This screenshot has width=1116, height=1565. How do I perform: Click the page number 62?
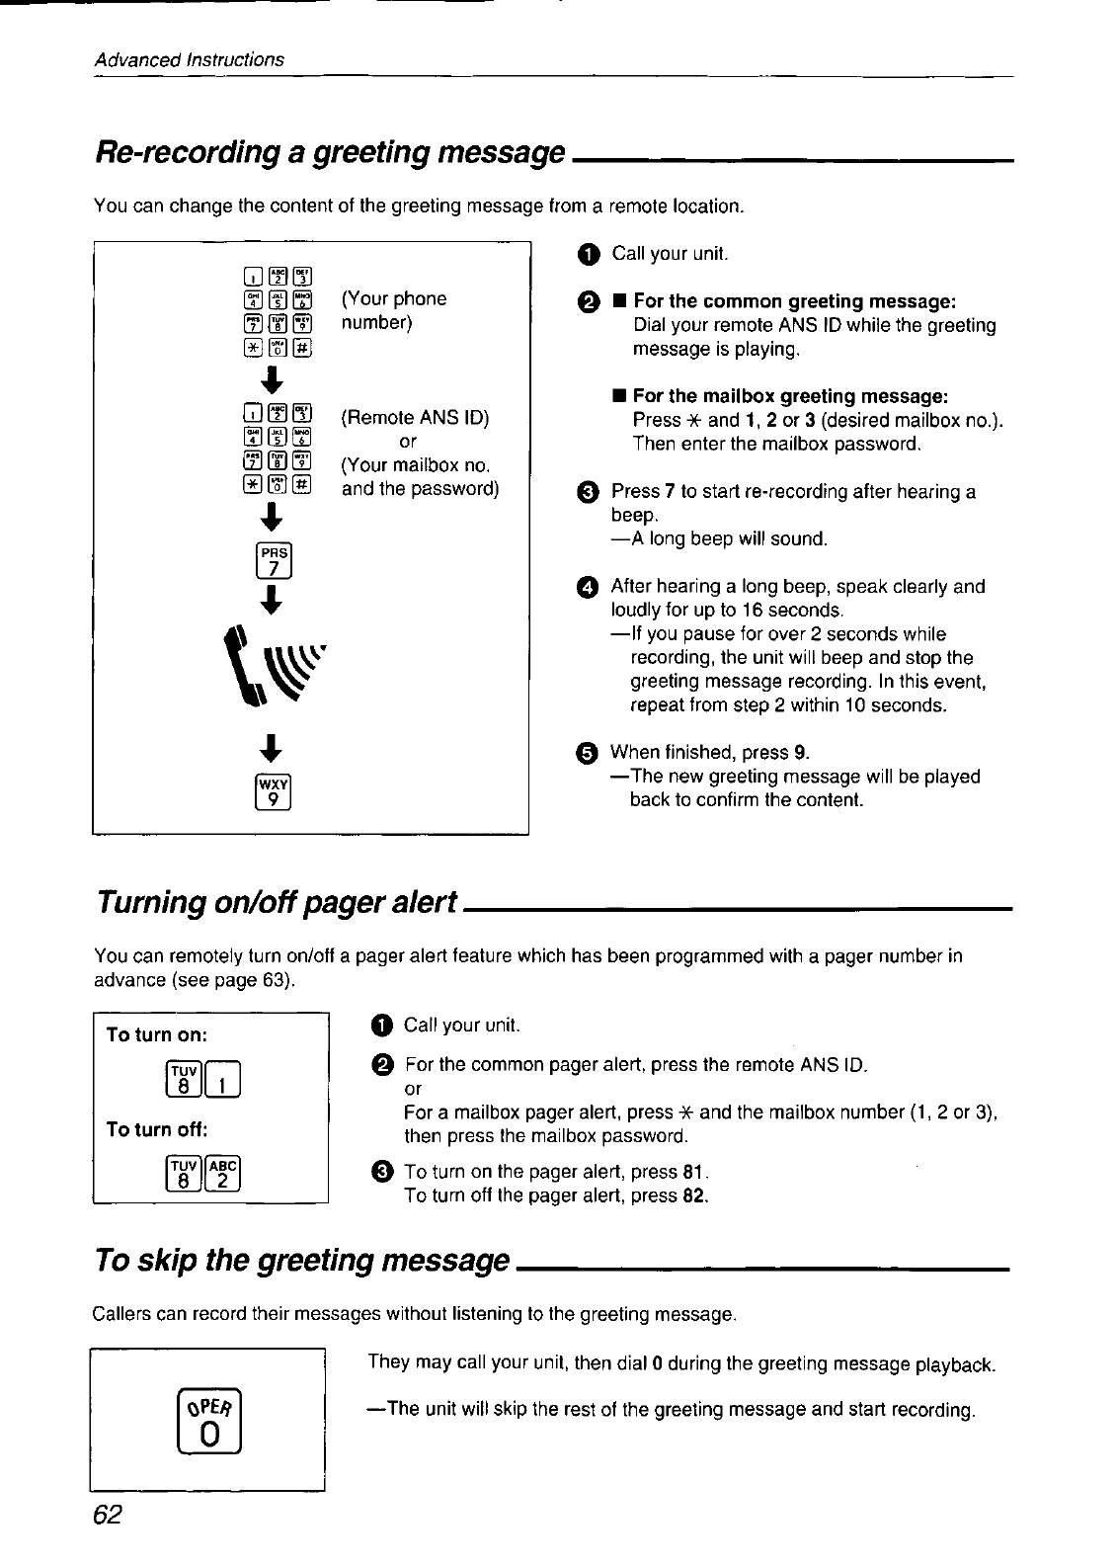(108, 1516)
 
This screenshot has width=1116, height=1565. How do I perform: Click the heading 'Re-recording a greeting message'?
(329, 152)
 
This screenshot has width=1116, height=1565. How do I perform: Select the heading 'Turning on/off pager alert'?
(276, 901)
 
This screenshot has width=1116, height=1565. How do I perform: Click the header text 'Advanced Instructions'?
(189, 59)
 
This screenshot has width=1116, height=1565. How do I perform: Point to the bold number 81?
(693, 1173)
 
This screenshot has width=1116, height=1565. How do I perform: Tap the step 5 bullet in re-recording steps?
(587, 754)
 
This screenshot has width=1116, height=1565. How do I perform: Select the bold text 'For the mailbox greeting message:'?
(790, 396)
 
